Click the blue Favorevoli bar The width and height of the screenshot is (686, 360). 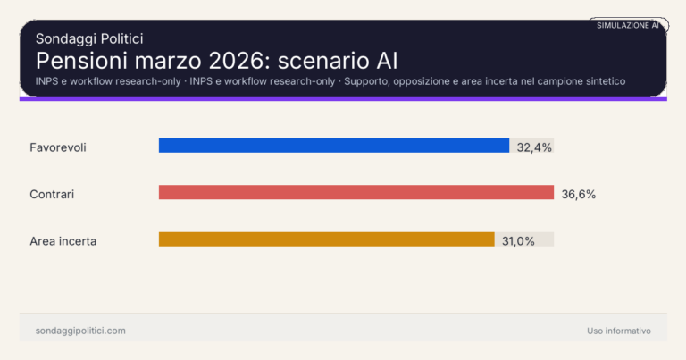point(333,146)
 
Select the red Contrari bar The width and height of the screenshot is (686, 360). point(356,192)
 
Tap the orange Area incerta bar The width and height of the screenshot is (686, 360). point(326,239)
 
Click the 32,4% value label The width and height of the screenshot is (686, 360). point(533,147)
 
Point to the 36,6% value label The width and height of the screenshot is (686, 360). point(578,193)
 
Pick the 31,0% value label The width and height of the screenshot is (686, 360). point(518,240)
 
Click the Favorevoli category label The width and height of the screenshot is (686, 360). point(57,147)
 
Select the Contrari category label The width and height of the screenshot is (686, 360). point(52,193)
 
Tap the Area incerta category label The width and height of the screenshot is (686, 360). point(63,240)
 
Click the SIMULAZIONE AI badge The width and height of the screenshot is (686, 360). point(628,25)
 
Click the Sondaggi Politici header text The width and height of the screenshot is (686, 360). point(89,38)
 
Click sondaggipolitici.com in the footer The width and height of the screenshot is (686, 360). point(80,331)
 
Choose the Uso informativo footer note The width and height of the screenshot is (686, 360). point(619,331)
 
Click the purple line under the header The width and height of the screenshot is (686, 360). point(343,98)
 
